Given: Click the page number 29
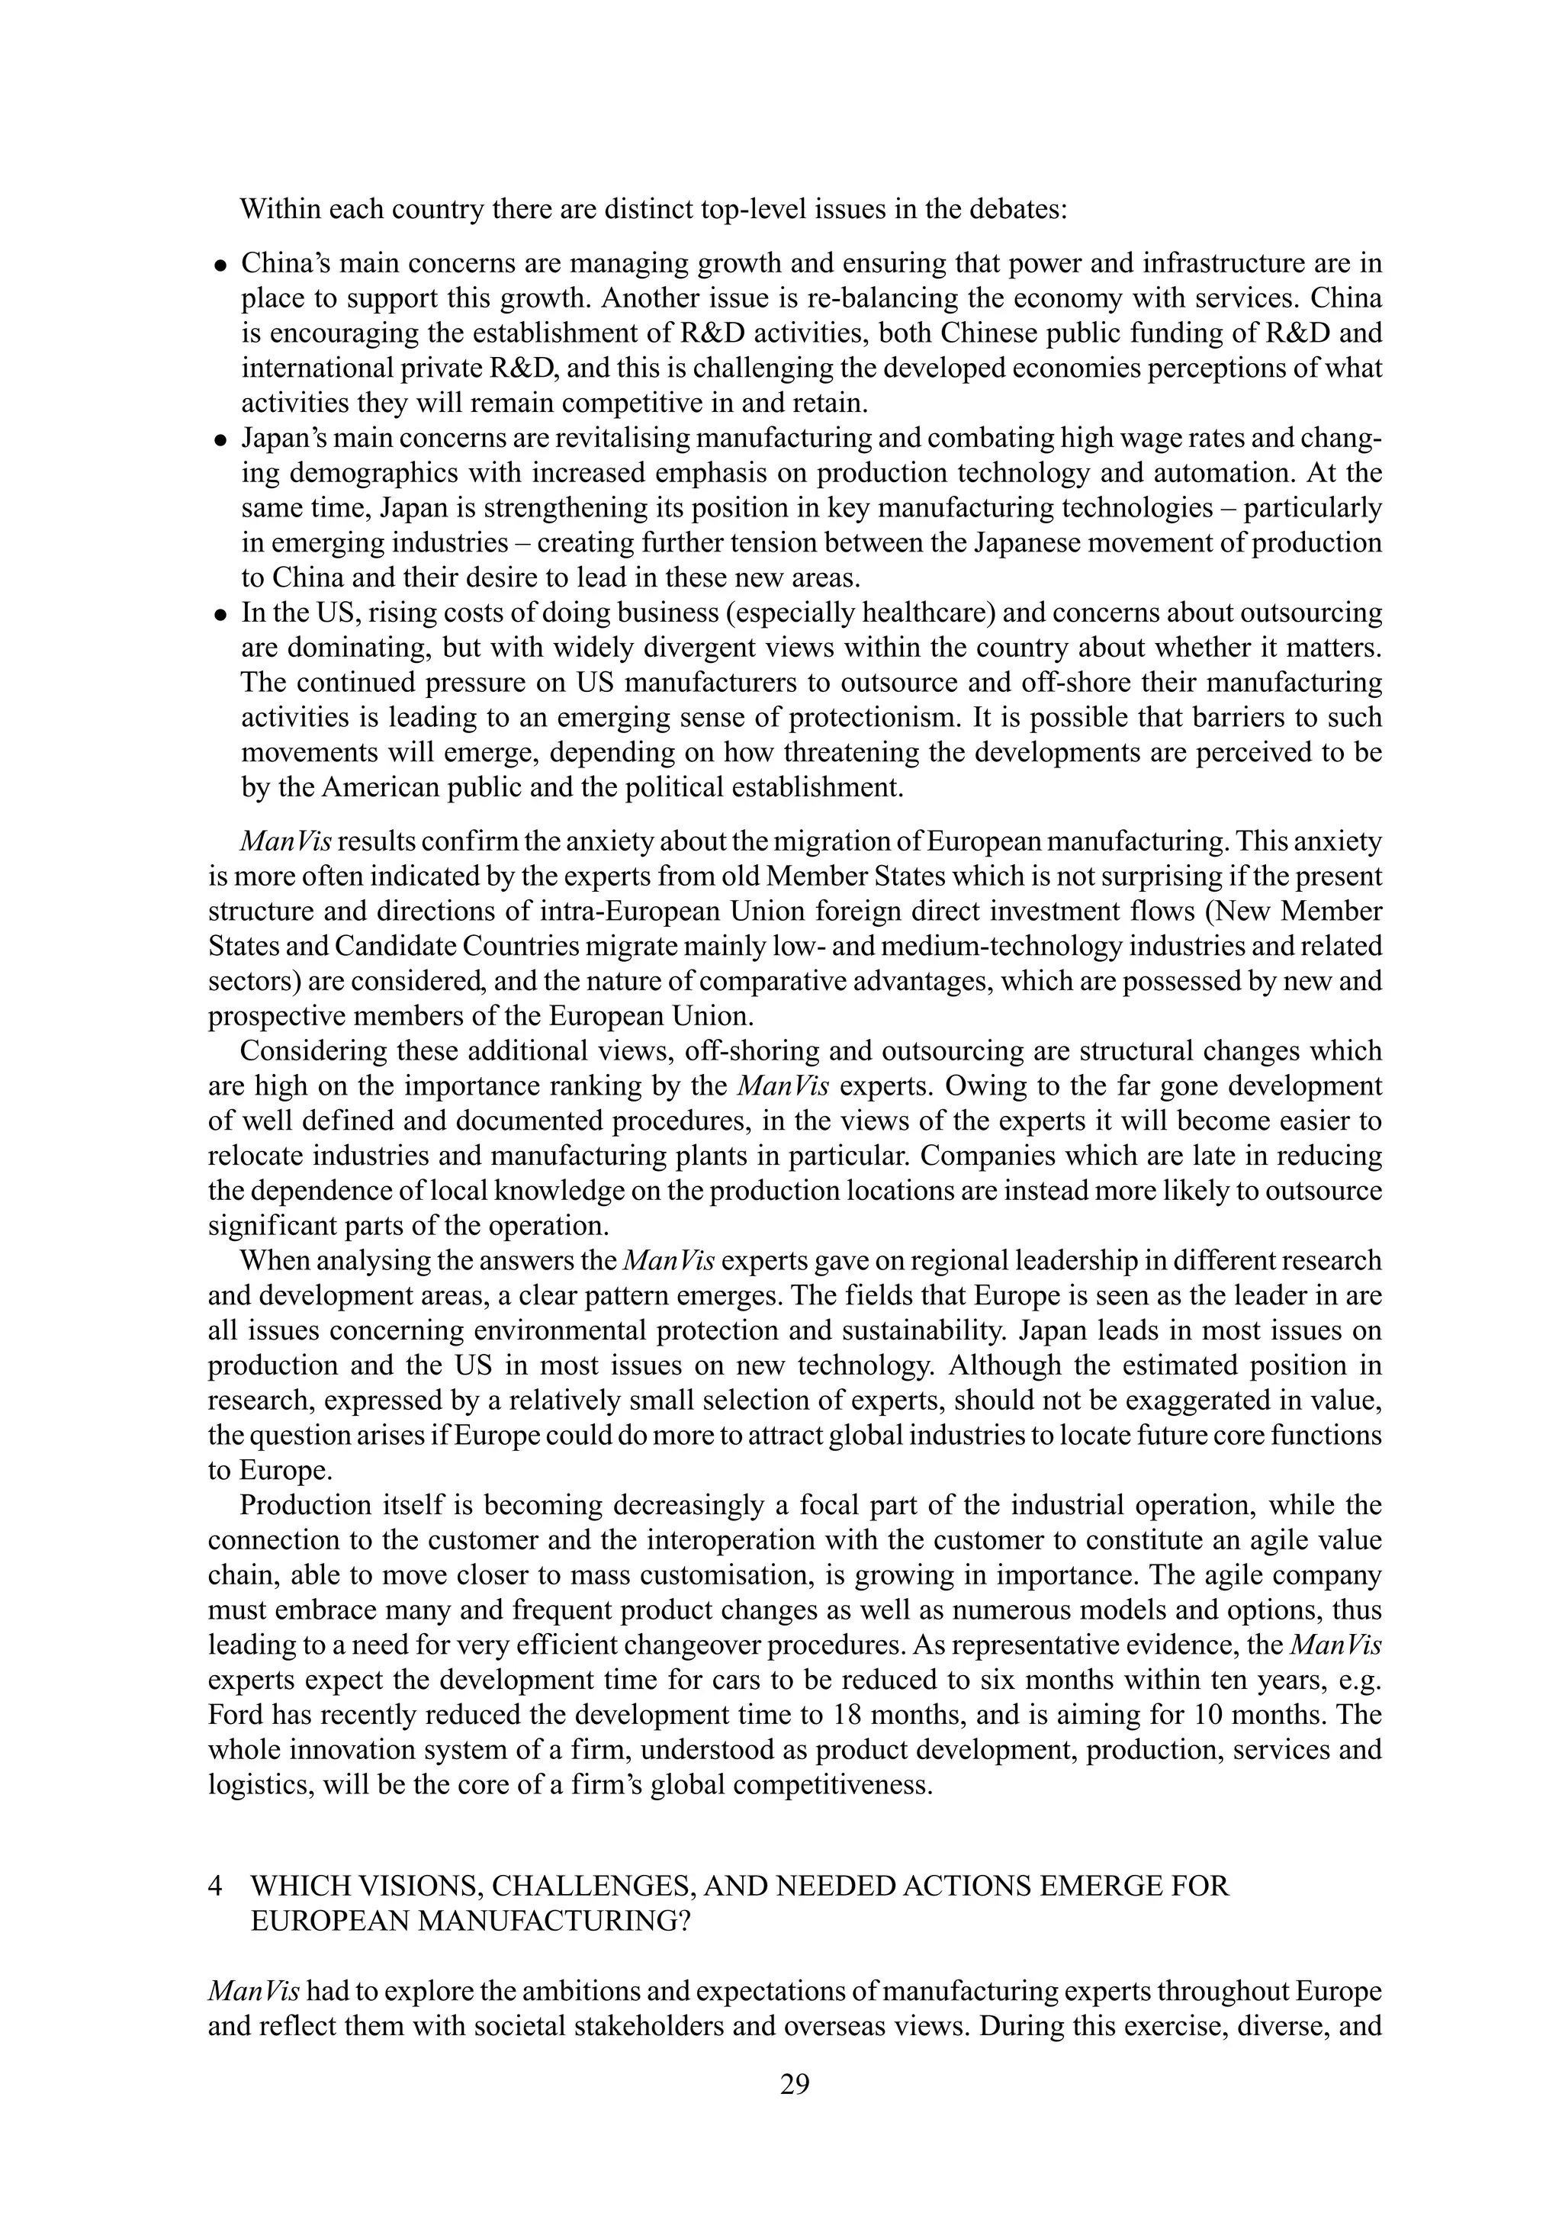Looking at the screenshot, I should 794,2083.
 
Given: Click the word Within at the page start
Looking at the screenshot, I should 280,209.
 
